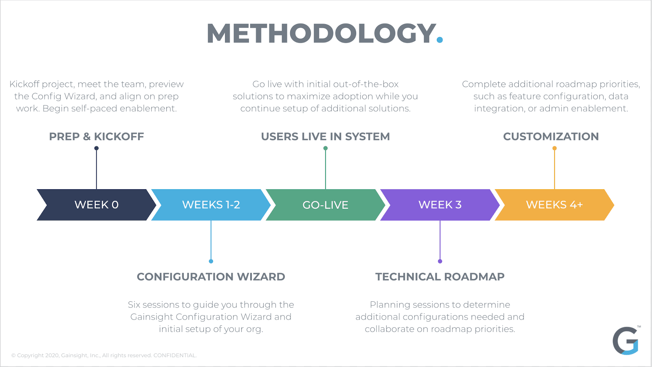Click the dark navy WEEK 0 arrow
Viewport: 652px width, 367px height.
coord(96,205)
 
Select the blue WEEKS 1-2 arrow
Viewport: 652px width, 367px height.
coord(211,205)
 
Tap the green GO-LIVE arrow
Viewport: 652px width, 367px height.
coord(325,205)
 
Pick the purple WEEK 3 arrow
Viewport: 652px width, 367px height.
coord(440,205)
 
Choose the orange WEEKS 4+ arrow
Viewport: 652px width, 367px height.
coord(554,205)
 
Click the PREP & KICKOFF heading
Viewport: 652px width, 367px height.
coord(97,137)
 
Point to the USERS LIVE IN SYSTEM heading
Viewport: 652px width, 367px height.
coord(325,137)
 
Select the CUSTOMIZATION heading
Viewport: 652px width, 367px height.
coord(551,137)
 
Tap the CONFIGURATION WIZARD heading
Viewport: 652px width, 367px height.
coord(211,277)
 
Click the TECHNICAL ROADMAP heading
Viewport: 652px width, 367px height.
coord(440,277)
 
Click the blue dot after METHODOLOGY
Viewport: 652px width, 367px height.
coord(439,40)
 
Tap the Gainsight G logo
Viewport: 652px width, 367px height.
coord(626,340)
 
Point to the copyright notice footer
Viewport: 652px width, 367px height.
coord(104,356)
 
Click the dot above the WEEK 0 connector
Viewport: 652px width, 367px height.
coord(97,148)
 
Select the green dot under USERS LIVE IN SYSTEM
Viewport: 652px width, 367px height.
coord(326,148)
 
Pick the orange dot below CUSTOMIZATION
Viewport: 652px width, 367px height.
coord(555,148)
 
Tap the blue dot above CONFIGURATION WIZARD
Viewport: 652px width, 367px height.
coord(211,261)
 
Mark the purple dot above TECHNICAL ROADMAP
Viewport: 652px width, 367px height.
coord(440,261)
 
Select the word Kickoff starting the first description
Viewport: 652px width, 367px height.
coord(24,84)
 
